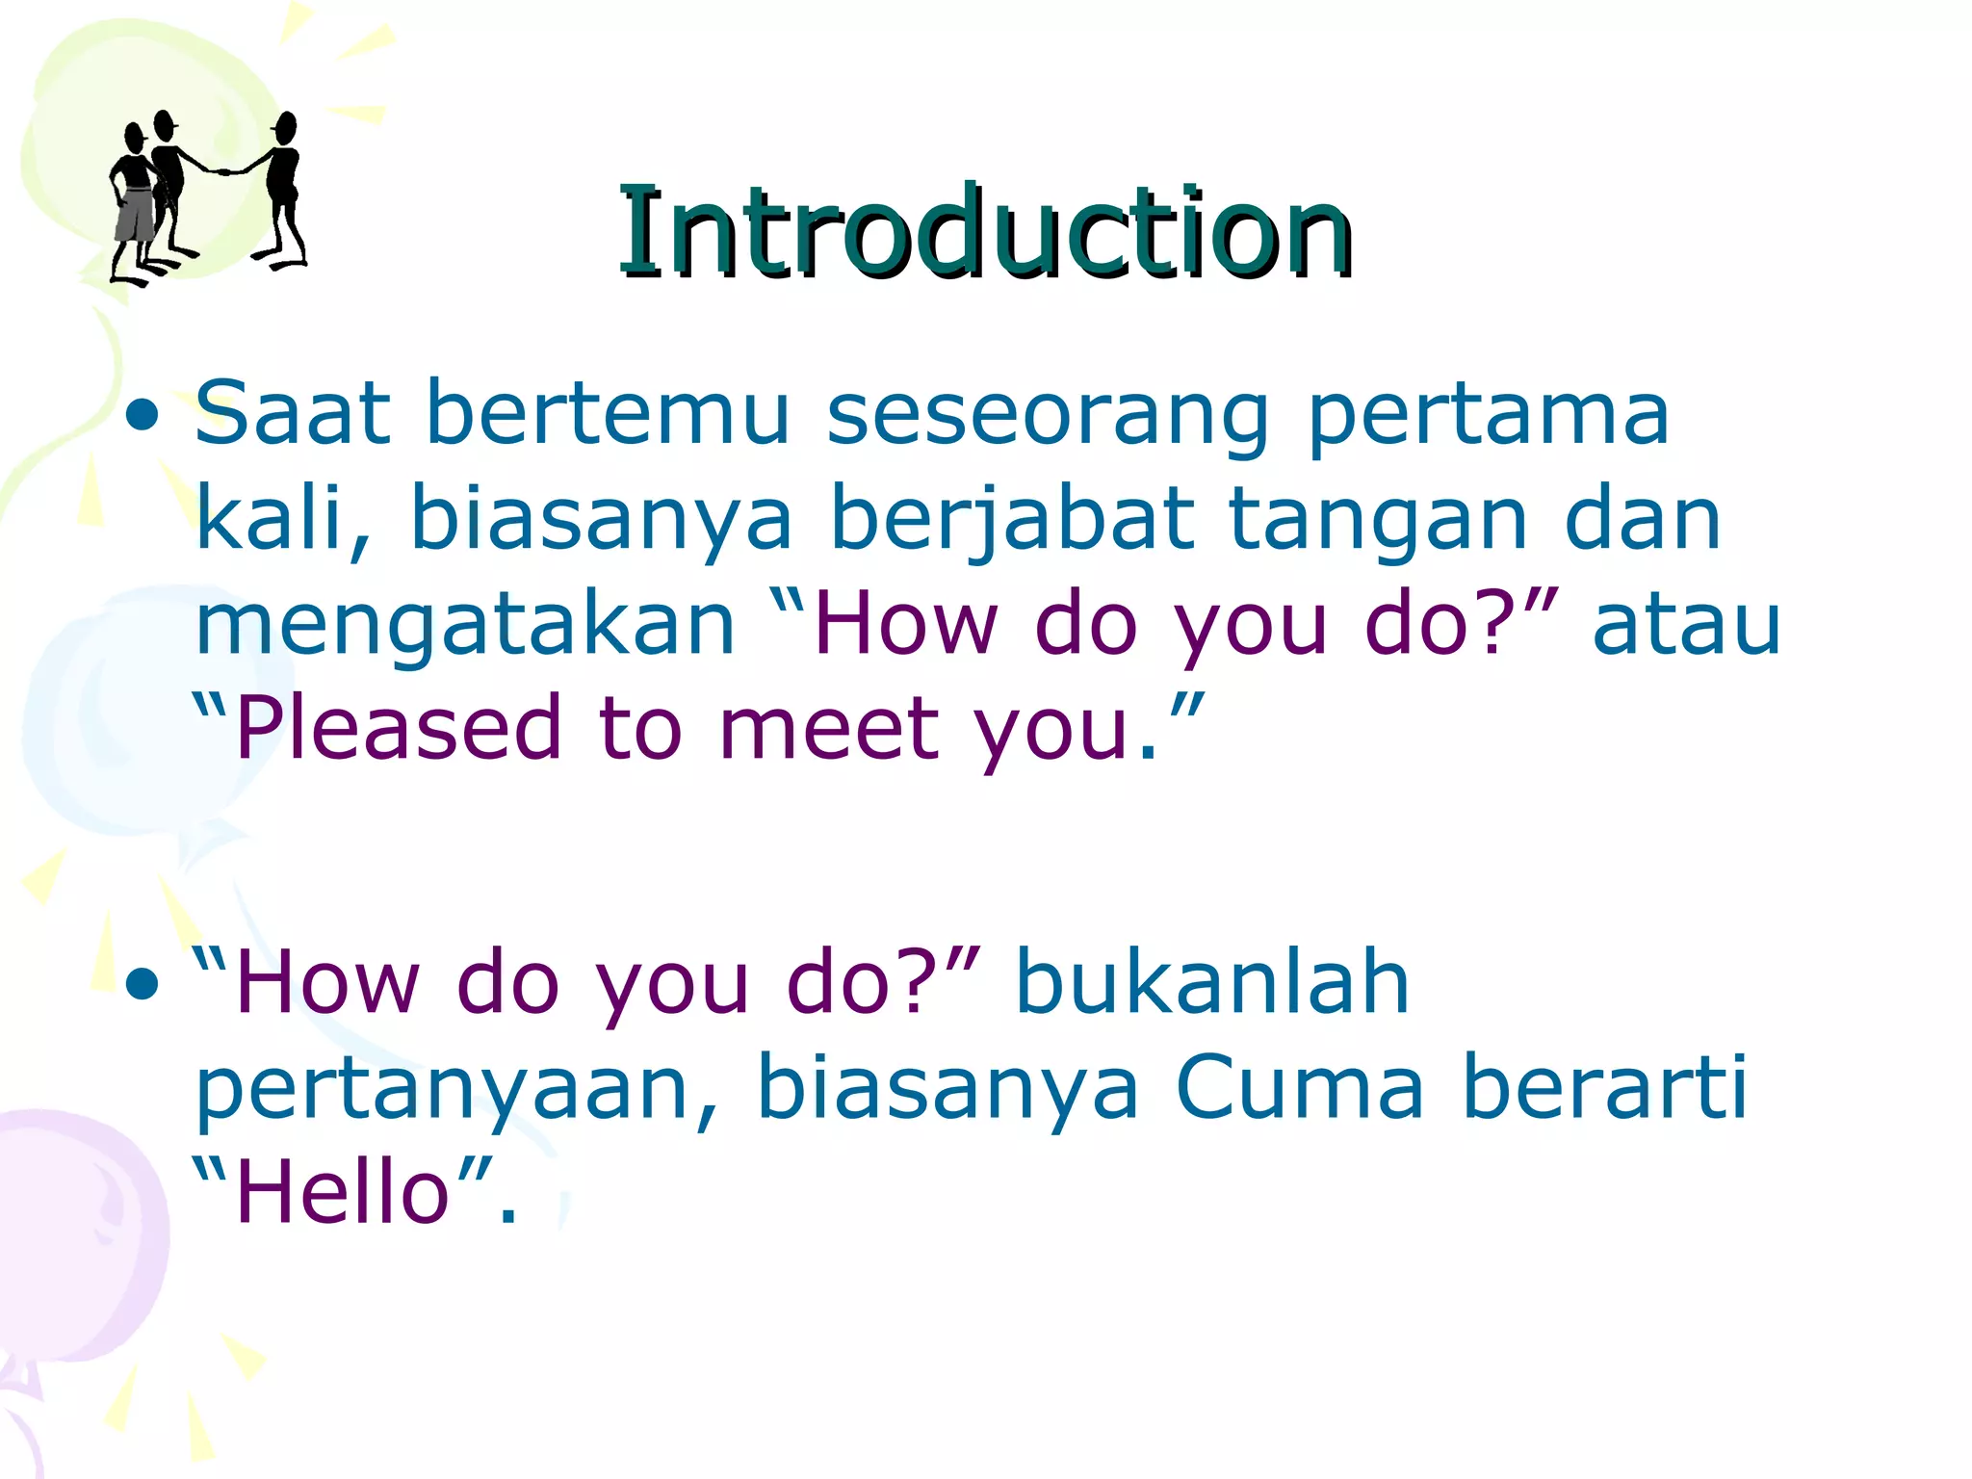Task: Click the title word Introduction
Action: pyautogui.click(x=984, y=233)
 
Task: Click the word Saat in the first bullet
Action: pyautogui.click(x=293, y=414)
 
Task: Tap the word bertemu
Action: pyautogui.click(x=607, y=414)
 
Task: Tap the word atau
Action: pyautogui.click(x=1686, y=626)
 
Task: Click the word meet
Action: pyautogui.click(x=829, y=729)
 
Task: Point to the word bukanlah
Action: pyautogui.click(x=1212, y=984)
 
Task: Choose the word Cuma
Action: pyautogui.click(x=1299, y=1088)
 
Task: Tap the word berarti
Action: pyautogui.click(x=1604, y=1088)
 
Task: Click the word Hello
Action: pyautogui.click(x=343, y=1194)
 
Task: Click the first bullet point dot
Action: pyautogui.click(x=142, y=417)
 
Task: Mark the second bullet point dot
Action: pyautogui.click(x=142, y=984)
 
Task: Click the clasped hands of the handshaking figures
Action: pyautogui.click(x=222, y=172)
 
